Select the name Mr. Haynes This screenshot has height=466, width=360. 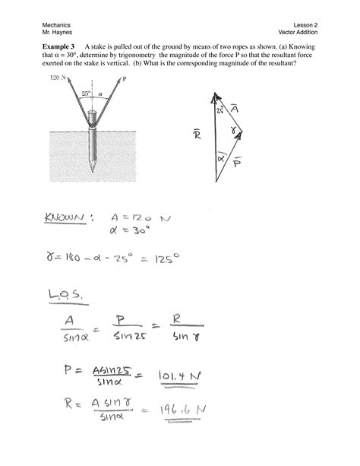56,33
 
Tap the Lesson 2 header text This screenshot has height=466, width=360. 304,25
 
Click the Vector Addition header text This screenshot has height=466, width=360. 298,33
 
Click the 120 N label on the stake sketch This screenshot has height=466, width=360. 58,78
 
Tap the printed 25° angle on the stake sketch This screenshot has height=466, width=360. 87,94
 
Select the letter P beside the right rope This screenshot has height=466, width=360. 124,78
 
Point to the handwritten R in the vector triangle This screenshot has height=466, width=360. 196,134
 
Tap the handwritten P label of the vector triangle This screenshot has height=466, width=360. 238,163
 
